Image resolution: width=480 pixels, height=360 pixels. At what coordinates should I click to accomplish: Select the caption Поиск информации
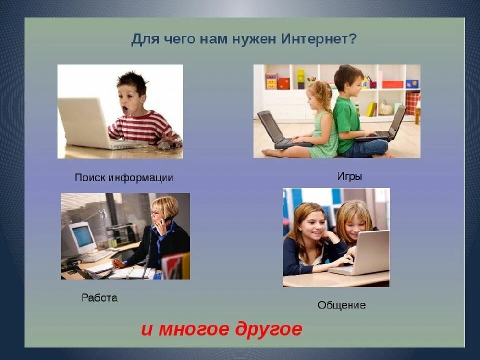123,177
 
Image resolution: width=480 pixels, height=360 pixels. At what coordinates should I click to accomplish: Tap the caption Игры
349,176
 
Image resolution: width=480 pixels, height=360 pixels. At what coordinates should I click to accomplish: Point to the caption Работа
99,298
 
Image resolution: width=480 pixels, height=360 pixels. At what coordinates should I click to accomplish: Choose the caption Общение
341,304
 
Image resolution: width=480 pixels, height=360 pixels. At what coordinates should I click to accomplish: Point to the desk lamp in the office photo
101,213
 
